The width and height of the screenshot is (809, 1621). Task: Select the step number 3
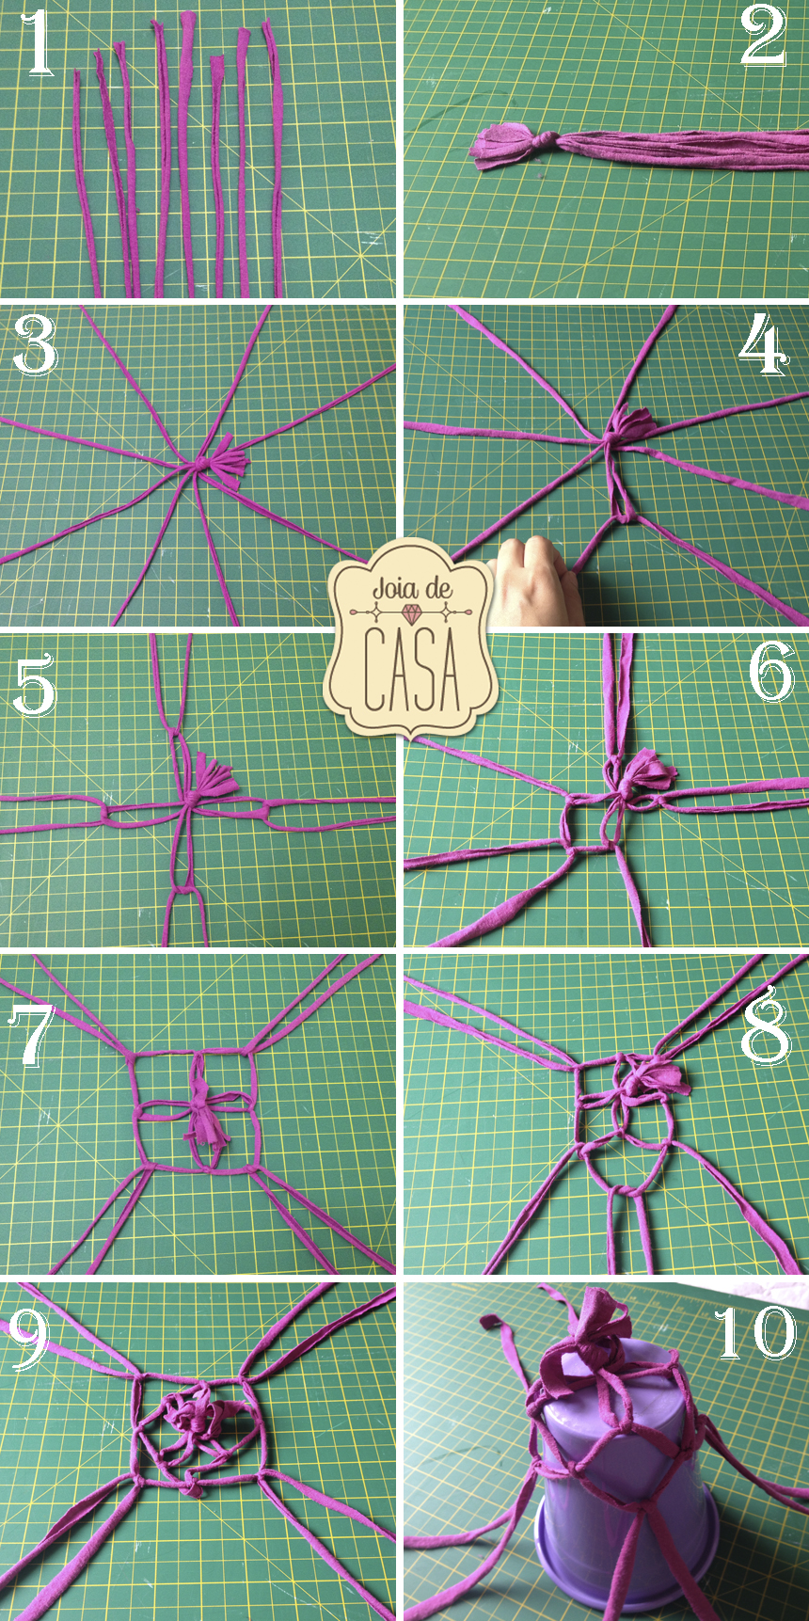click(x=36, y=345)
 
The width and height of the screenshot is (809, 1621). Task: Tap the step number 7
click(x=34, y=1034)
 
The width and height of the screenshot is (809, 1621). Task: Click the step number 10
click(x=754, y=1332)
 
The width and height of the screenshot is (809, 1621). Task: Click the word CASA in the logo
click(x=411, y=670)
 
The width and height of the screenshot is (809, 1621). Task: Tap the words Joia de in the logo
click(x=412, y=589)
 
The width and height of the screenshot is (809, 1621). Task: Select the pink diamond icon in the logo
click(x=412, y=613)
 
